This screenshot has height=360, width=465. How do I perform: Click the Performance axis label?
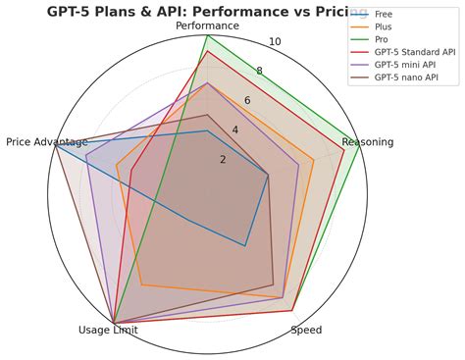point(207,26)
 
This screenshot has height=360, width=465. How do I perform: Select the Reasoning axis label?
point(368,142)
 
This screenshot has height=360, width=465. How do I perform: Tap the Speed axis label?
point(306,331)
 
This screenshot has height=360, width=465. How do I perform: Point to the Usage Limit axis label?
point(108,331)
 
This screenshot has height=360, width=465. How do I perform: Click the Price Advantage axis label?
point(47,142)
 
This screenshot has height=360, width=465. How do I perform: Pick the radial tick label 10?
point(275,42)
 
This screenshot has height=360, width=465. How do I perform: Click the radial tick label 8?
point(260,71)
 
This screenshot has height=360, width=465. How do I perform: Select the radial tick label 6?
point(247,101)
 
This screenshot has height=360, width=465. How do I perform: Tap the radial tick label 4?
point(235,130)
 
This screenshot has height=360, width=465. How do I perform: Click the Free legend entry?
point(383,15)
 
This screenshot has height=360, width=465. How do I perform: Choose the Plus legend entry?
point(383,27)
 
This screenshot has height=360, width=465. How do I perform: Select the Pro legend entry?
point(382,40)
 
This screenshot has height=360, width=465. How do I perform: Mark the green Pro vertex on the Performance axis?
point(207,36)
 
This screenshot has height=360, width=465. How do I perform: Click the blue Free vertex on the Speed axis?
point(245,245)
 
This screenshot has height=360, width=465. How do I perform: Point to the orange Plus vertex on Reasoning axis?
point(313,160)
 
